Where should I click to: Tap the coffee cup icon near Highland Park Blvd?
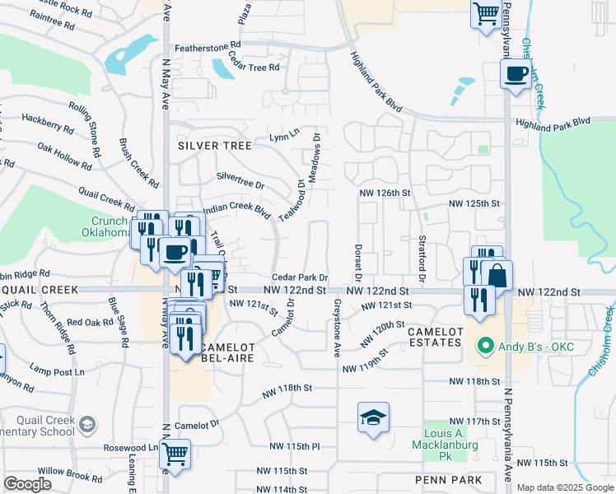tap(516, 74)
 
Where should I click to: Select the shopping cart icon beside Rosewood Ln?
tap(175, 453)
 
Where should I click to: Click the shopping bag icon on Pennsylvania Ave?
tap(497, 275)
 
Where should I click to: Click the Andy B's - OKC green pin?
tap(487, 347)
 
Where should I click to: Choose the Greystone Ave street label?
tap(337, 328)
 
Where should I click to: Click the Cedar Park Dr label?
tap(301, 278)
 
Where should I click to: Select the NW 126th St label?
tap(385, 193)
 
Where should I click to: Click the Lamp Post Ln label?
tap(57, 371)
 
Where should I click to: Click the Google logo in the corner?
tap(28, 483)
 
